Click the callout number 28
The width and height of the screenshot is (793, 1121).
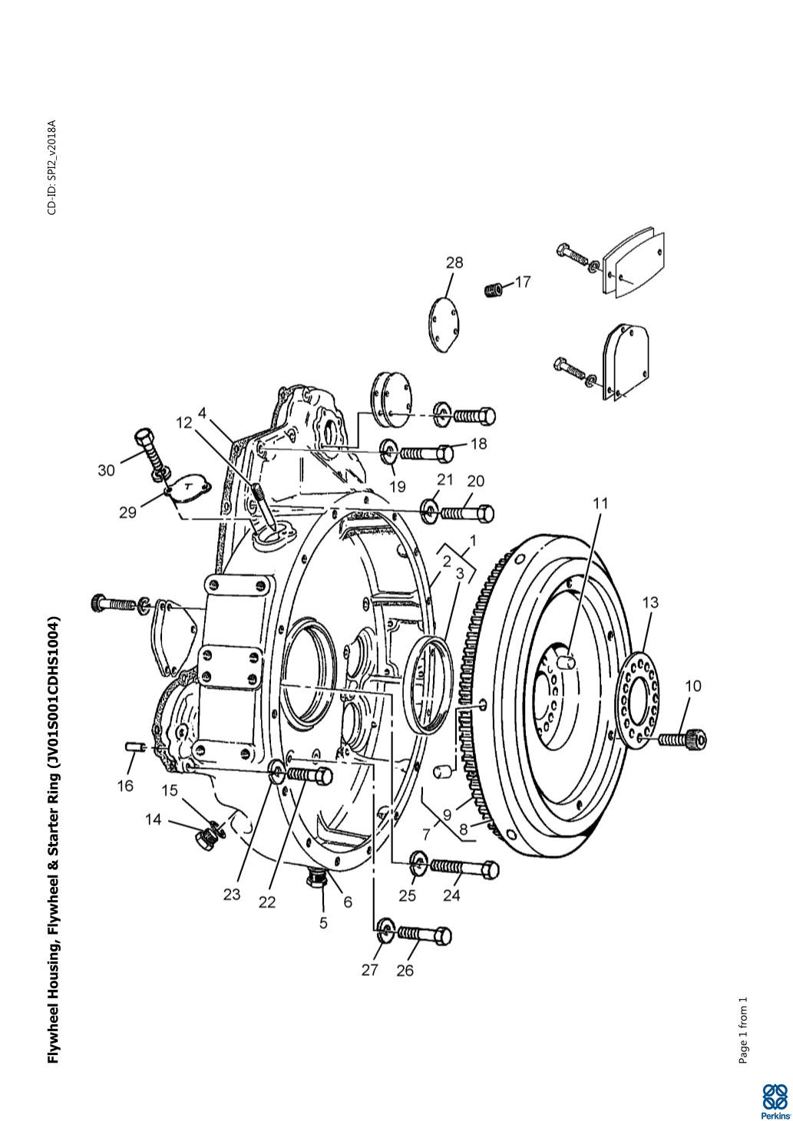pyautogui.click(x=454, y=262)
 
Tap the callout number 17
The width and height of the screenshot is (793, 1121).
pyautogui.click(x=522, y=282)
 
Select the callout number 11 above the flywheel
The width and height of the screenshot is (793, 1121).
pyautogui.click(x=600, y=503)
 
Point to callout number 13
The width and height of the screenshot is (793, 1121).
pyautogui.click(x=650, y=602)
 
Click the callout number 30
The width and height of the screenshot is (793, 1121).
pyautogui.click(x=106, y=470)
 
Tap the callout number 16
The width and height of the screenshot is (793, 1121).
pyautogui.click(x=125, y=786)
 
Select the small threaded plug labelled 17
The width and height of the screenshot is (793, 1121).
pyautogui.click(x=494, y=289)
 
